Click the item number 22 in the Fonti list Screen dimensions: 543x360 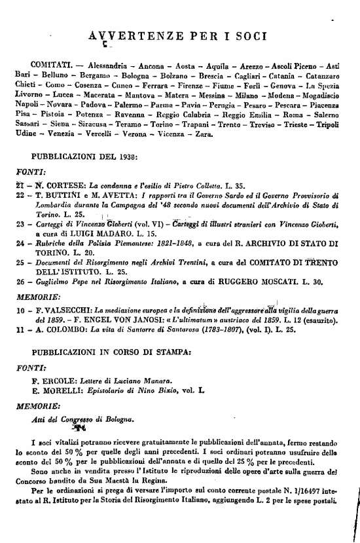click(x=20, y=195)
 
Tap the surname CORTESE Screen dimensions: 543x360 click(x=61, y=185)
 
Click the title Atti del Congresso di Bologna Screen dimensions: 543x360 click(x=85, y=419)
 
